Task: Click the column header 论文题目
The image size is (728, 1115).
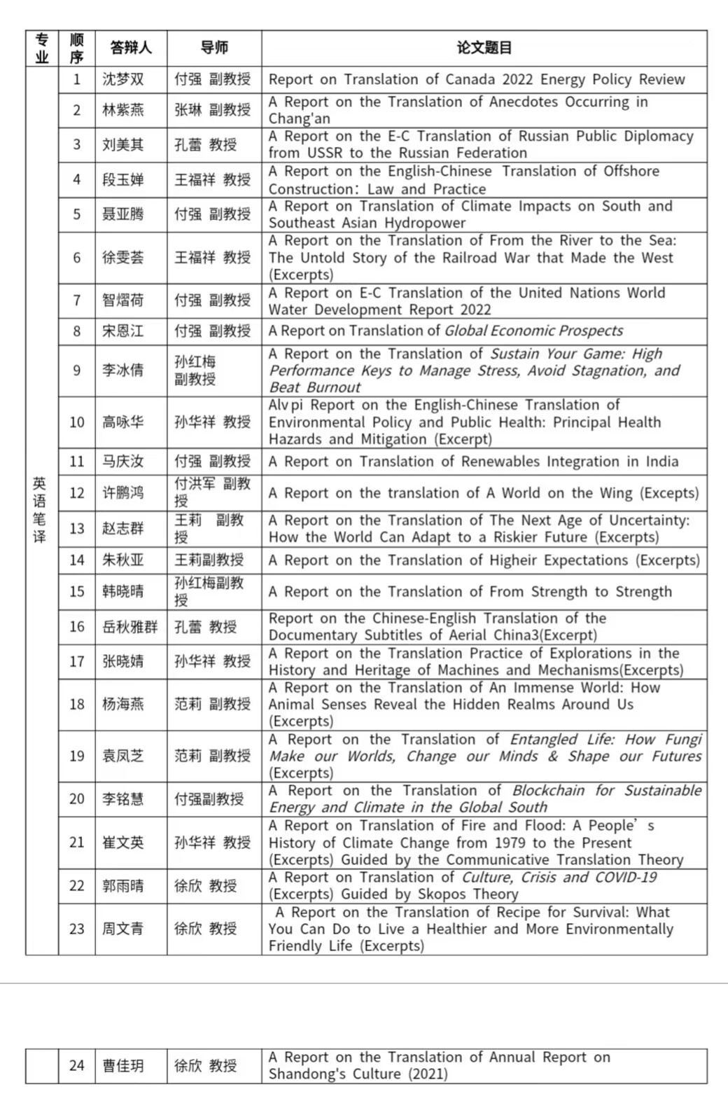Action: [484, 48]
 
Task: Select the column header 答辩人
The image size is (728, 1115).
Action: [131, 48]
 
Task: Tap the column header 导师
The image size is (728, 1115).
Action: [214, 48]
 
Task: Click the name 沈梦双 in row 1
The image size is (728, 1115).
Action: [123, 79]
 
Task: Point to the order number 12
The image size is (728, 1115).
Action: [77, 493]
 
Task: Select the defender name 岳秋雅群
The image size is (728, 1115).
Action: [130, 627]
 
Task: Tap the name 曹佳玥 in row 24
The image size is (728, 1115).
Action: [123, 1065]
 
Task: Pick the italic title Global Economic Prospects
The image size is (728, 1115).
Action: [533, 331]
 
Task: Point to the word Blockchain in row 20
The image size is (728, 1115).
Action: [548, 791]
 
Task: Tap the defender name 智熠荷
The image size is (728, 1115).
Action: [123, 300]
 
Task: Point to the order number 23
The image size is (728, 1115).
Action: [77, 929]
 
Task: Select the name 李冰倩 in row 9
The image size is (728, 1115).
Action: [123, 370]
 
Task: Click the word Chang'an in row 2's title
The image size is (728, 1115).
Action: [299, 118]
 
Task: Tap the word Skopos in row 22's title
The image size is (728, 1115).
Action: [441, 894]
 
